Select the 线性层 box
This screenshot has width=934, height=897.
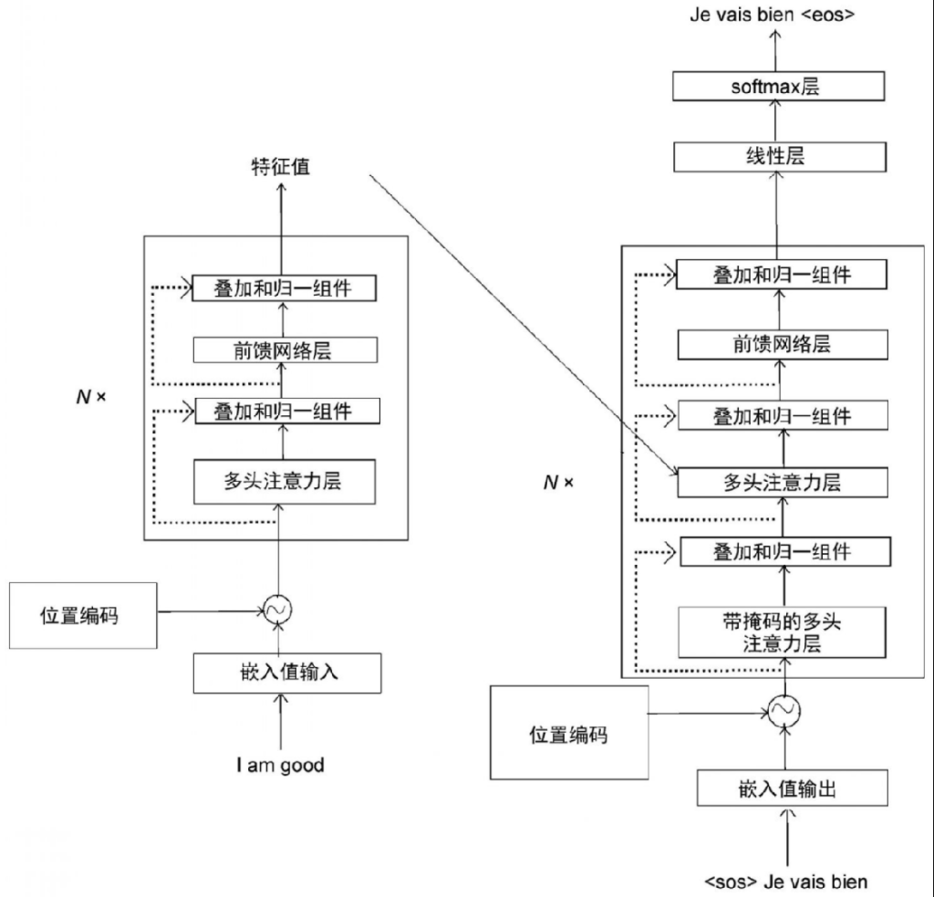tap(780, 156)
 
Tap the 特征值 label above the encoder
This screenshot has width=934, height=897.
tap(280, 167)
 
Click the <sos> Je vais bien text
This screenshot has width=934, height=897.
tap(785, 881)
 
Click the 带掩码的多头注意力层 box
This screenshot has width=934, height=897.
tap(782, 631)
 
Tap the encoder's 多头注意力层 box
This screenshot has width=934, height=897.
tap(283, 481)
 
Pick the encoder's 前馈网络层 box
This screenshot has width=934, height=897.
tap(283, 349)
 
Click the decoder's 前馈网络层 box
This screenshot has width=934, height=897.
tap(782, 344)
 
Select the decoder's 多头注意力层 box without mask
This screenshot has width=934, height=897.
tap(782, 483)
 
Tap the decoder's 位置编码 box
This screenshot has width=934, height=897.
tap(568, 733)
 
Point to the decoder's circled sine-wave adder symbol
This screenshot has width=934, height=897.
tap(783, 709)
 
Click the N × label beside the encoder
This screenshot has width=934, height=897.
tap(91, 398)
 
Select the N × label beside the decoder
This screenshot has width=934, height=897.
tap(558, 482)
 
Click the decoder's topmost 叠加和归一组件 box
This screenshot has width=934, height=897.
tap(782, 275)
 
